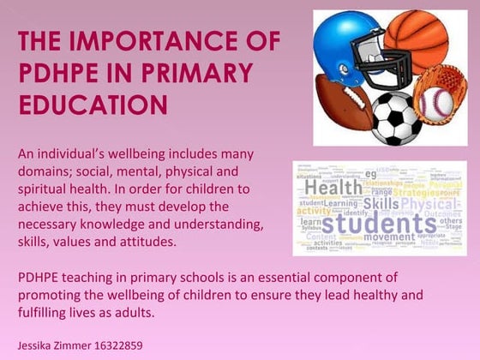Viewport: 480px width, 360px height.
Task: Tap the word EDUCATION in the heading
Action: (x=92, y=105)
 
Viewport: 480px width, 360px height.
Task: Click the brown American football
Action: (x=340, y=101)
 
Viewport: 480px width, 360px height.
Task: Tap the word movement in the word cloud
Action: (x=388, y=237)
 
